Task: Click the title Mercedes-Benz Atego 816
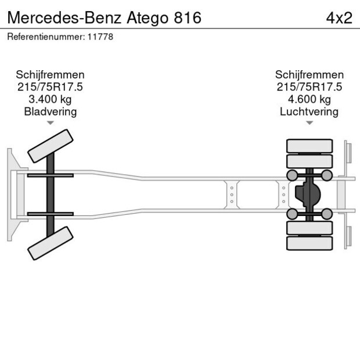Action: tap(104, 17)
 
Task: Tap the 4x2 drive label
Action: tap(339, 17)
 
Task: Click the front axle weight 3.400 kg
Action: tap(50, 99)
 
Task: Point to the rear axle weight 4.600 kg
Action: tap(309, 99)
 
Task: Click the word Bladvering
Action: tap(50, 111)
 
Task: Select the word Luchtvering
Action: tap(309, 111)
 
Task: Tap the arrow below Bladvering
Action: tap(51, 123)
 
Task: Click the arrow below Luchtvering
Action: tap(309, 123)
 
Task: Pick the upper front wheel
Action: tap(51, 146)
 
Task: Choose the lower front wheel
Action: tap(51, 243)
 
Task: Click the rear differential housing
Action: tap(306, 195)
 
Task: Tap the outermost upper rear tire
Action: tap(309, 145)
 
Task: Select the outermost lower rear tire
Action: tap(309, 243)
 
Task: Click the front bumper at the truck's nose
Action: tap(10, 195)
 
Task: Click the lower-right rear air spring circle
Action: tap(327, 214)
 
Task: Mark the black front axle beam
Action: tap(51, 195)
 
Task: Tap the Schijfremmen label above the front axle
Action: tap(50, 75)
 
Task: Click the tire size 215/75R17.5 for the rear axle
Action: tap(309, 87)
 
